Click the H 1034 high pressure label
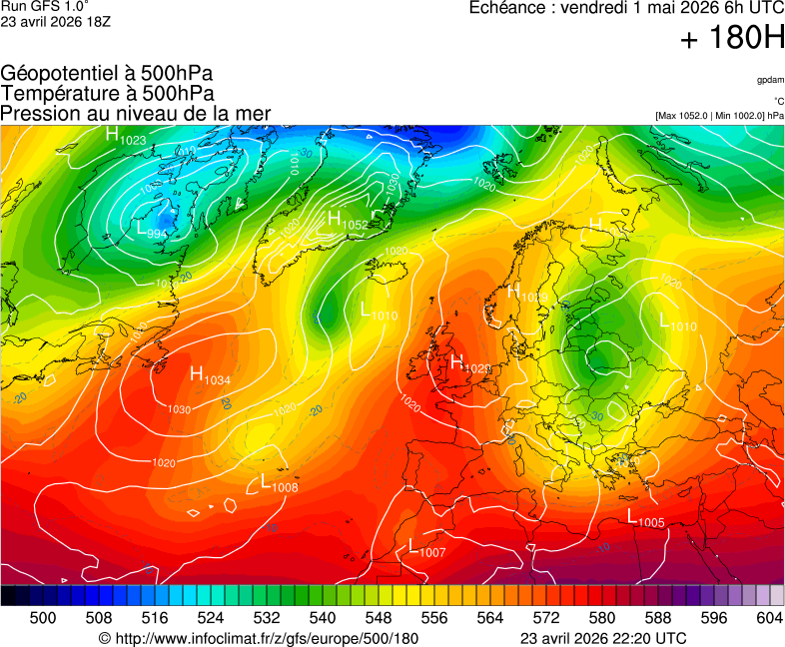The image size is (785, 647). coord(210,375)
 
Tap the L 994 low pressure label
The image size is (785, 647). coord(151,231)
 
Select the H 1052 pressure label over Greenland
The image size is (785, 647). coord(348,221)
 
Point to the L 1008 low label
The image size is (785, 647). coord(279,483)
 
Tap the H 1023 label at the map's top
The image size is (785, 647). coord(126,136)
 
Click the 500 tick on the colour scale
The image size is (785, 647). coord(43,619)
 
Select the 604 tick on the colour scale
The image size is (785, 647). coord(770,619)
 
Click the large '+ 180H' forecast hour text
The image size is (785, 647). coord(732,40)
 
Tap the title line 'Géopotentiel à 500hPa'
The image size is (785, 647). coord(107,74)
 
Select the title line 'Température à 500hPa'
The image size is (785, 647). coord(108,93)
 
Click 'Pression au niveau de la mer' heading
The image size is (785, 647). coord(136,113)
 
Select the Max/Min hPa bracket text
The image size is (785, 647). coord(719,116)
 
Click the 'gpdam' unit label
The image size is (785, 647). coord(770,80)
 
